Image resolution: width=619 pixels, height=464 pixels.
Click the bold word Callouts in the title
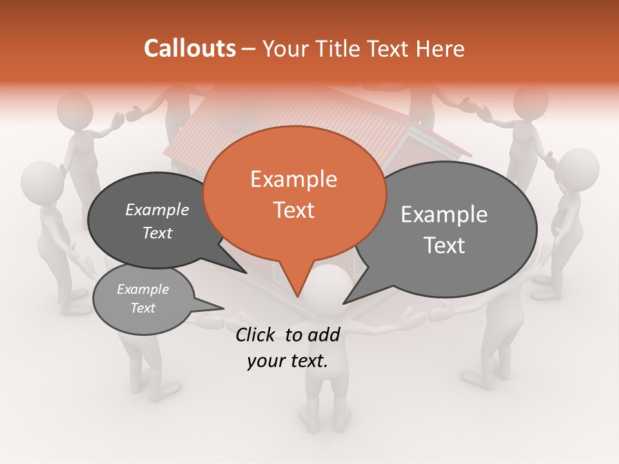pos(190,48)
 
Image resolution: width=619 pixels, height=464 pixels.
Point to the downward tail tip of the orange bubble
pos(297,296)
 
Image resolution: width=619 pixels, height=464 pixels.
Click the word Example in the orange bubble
pos(293,179)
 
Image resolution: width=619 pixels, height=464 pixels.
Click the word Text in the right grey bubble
pos(445,246)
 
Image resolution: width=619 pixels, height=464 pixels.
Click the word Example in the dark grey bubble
pos(157,209)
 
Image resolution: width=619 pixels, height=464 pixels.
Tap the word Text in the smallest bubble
pos(142,308)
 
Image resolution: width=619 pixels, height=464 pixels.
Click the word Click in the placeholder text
pos(257,334)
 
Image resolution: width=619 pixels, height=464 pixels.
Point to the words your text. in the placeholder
pos(288,361)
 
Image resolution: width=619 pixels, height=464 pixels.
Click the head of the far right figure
pos(576,169)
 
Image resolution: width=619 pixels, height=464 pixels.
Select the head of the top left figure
pos(74,110)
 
